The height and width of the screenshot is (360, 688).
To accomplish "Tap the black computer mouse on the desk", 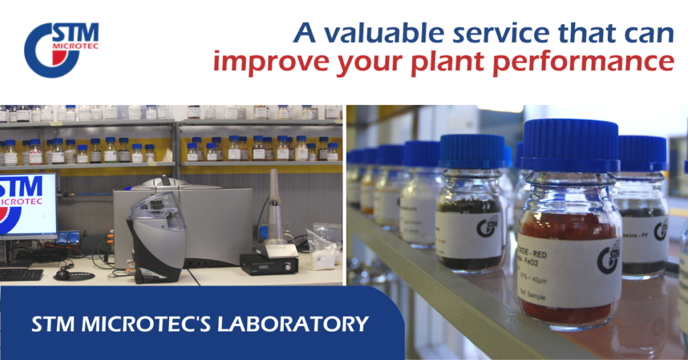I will [x=63, y=274].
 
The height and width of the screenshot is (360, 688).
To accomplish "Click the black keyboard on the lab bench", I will [x=20, y=274].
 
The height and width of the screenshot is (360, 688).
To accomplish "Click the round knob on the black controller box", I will [x=289, y=266].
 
